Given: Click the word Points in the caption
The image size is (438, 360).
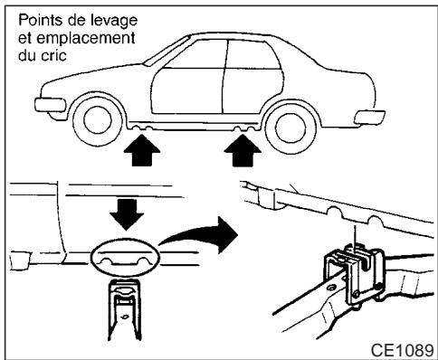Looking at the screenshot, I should coord(29,17).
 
